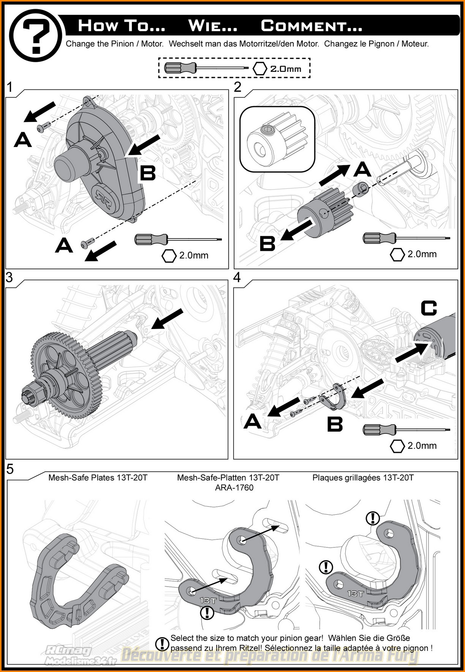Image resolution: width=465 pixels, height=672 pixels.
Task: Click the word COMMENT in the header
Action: point(311,26)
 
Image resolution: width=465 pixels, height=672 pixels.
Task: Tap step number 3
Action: point(9,277)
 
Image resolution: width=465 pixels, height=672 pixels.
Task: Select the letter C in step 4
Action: point(429,308)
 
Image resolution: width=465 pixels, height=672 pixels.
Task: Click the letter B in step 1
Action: point(148,173)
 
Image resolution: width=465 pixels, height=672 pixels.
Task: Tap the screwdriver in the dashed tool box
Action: point(206,68)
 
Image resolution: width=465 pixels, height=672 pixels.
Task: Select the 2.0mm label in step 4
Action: point(422,446)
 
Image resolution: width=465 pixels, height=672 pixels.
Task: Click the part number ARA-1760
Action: point(234,488)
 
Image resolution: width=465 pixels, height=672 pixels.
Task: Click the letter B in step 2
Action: point(267,243)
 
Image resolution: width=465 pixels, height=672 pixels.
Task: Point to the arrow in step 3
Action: point(167,318)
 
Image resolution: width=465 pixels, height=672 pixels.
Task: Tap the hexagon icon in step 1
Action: point(169,256)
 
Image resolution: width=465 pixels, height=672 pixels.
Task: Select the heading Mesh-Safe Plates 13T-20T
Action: point(98,478)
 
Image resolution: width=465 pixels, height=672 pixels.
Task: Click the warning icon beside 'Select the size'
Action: point(162,644)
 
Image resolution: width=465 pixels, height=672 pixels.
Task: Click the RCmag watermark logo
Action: point(68,651)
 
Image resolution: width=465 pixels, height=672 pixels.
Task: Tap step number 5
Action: point(10,469)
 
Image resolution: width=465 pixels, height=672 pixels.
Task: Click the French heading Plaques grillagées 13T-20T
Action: point(363,478)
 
